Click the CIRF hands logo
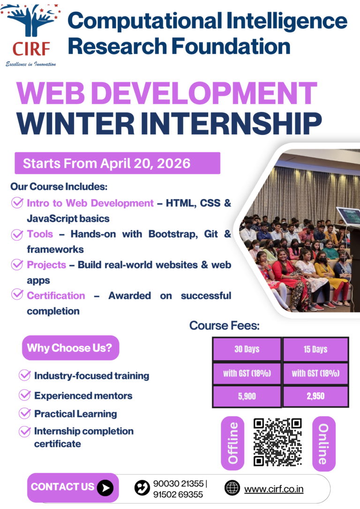(x=30, y=28)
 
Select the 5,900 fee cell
(x=247, y=396)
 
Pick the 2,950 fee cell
(x=315, y=396)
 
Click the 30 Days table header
(x=247, y=349)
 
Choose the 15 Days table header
(x=315, y=349)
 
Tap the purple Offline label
(x=233, y=443)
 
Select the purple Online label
(x=323, y=443)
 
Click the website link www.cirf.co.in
(x=274, y=489)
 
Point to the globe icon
(x=232, y=488)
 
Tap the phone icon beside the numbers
(x=142, y=488)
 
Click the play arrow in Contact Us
(x=105, y=488)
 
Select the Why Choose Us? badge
(x=71, y=348)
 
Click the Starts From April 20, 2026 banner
(x=117, y=163)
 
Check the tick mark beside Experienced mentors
(x=24, y=396)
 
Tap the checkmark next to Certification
(x=17, y=295)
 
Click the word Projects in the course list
(x=46, y=265)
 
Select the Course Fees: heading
(x=225, y=325)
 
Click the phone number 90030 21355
(x=178, y=484)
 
